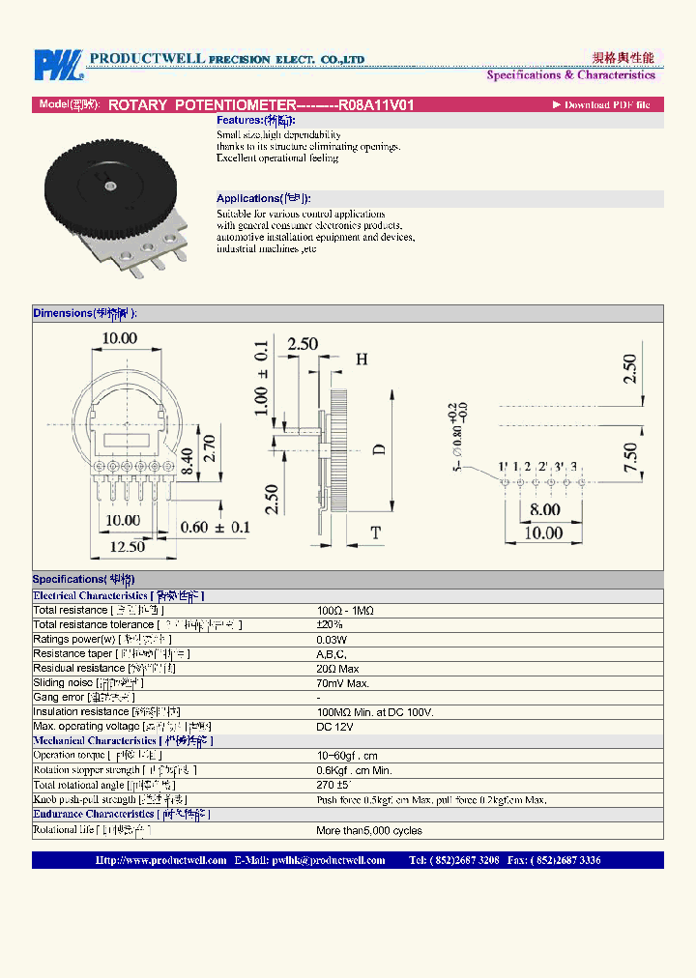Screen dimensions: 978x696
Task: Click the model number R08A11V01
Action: pyautogui.click(x=376, y=104)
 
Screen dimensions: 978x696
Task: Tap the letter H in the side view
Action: pyautogui.click(x=362, y=360)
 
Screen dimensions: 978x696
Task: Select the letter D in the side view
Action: pyautogui.click(x=379, y=448)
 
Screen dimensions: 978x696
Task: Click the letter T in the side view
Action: pyautogui.click(x=375, y=532)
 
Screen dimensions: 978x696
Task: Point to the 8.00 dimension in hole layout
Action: pyautogui.click(x=544, y=509)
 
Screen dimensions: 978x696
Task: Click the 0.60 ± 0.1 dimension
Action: pyautogui.click(x=216, y=528)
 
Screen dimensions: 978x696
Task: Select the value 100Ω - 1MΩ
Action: pyautogui.click(x=345, y=610)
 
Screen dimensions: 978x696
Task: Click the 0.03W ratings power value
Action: pyautogui.click(x=333, y=639)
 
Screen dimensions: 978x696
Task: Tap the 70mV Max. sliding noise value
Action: pyautogui.click(x=343, y=682)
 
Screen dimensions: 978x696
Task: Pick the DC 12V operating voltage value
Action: pyautogui.click(x=335, y=726)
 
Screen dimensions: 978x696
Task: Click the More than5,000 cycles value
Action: pyautogui.click(x=369, y=830)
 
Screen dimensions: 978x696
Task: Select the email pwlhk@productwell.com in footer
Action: pyautogui.click(x=328, y=860)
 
